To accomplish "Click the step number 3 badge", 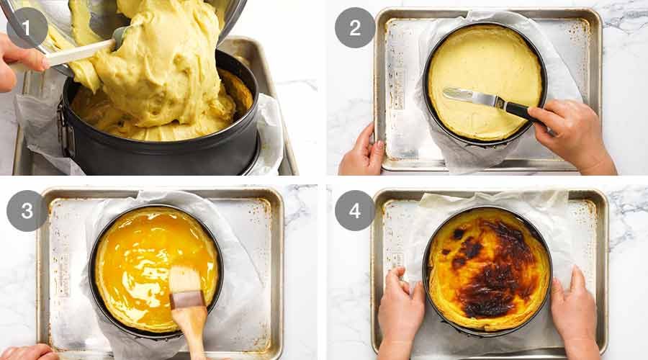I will coord(27,210).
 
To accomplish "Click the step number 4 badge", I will coord(354,210).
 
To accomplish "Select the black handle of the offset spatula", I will coord(520,109).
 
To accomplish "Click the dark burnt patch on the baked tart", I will coord(497,270).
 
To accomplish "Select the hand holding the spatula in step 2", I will coord(572,133).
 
